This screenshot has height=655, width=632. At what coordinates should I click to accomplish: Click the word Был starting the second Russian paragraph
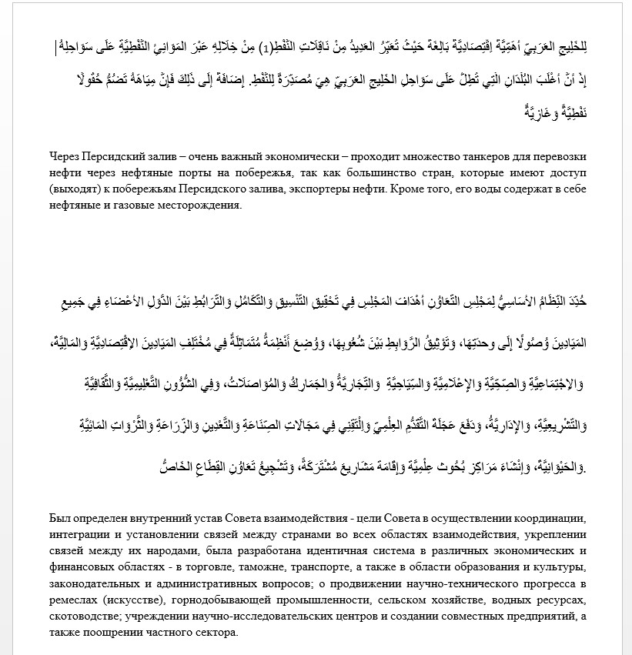tap(59, 518)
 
